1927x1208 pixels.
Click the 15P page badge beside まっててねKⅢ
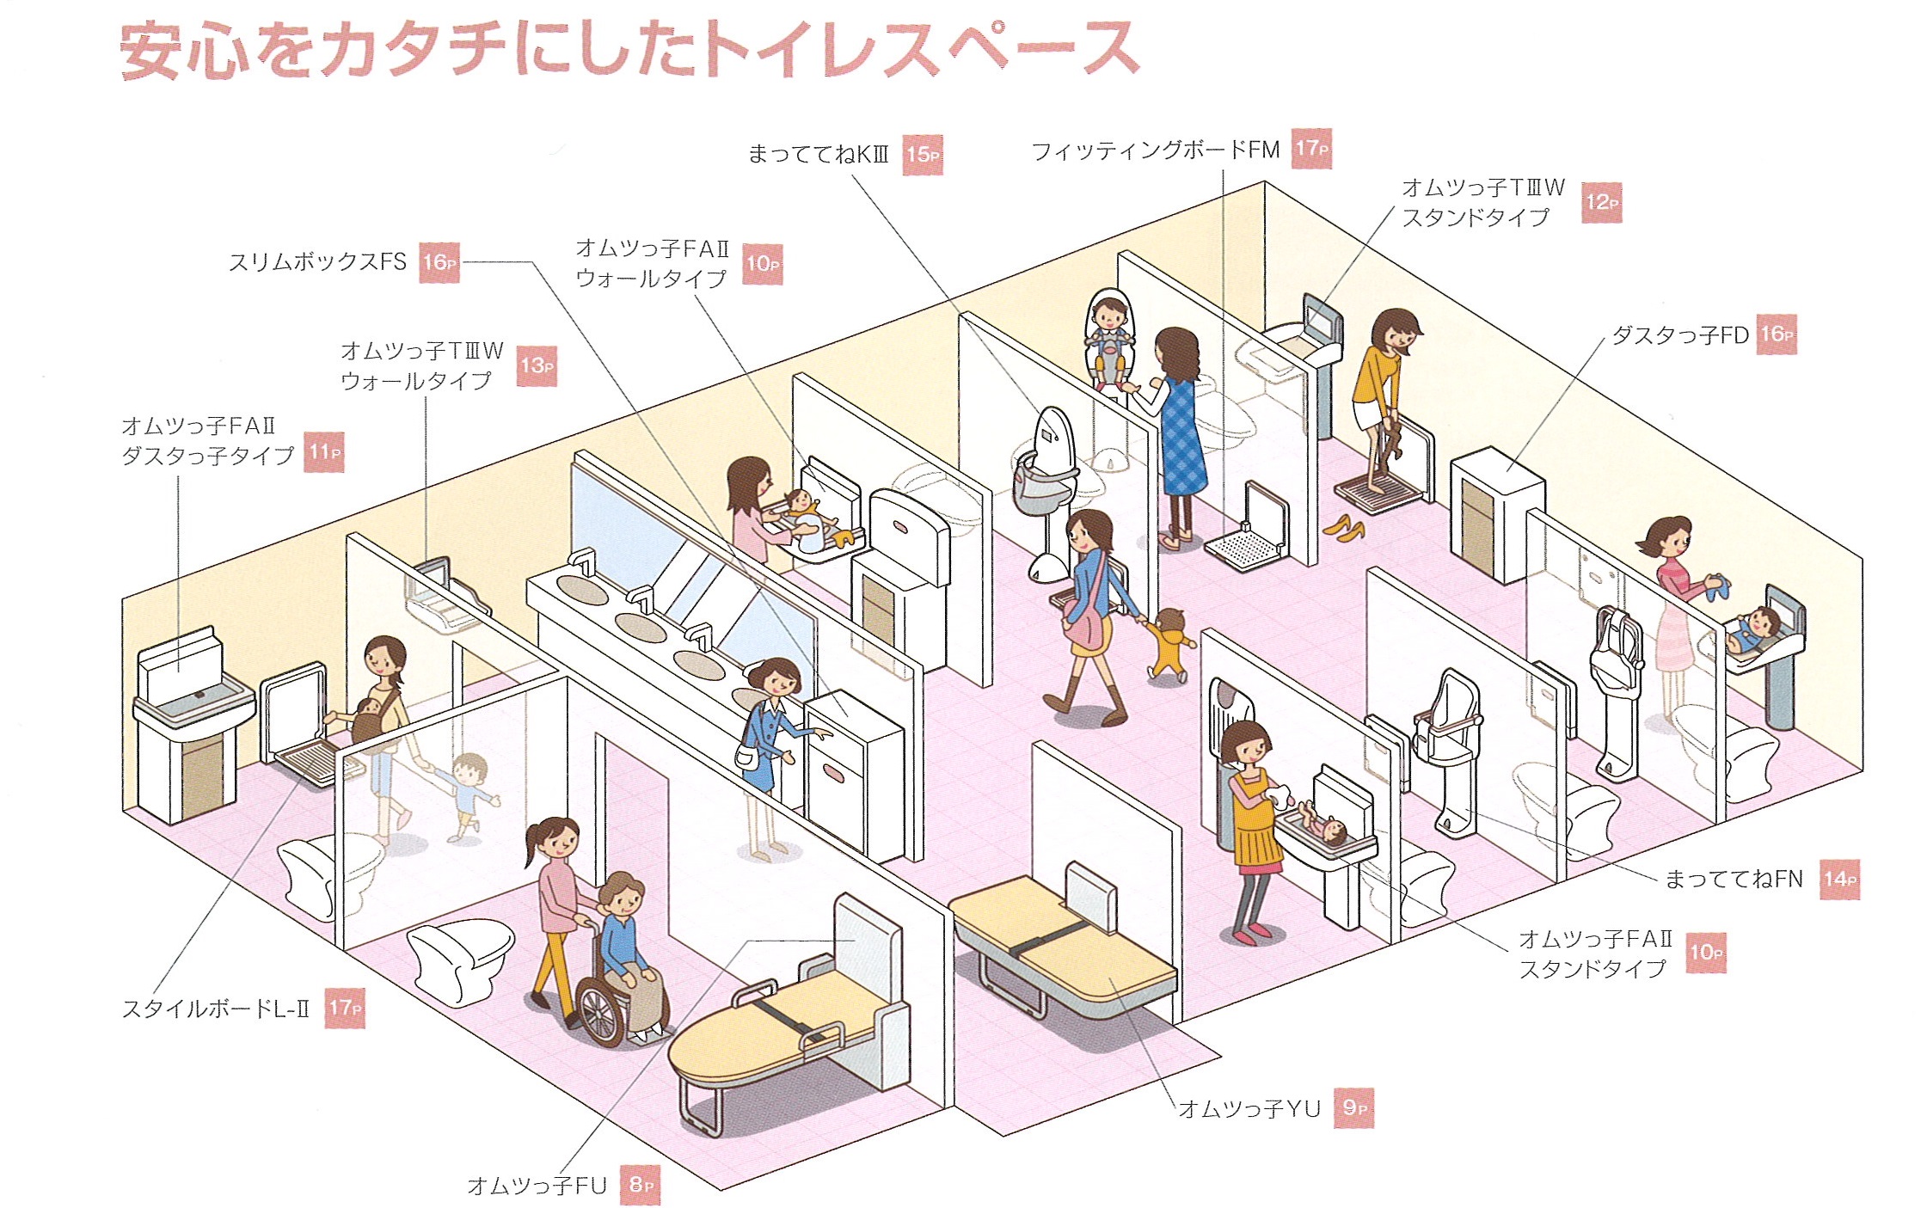click(923, 155)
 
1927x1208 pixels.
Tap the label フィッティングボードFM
click(1156, 150)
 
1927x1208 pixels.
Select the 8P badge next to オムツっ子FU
click(641, 1185)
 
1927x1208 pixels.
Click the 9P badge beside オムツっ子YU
click(1353, 1107)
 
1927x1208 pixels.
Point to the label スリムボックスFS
click(317, 261)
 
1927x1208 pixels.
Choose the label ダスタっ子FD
click(1680, 335)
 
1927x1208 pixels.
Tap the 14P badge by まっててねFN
click(1840, 879)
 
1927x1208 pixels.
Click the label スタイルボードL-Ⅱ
click(216, 1009)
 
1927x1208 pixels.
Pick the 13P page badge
click(537, 365)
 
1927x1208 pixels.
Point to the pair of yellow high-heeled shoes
click(1342, 525)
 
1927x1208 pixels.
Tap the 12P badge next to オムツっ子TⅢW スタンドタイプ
click(1601, 203)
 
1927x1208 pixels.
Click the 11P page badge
click(325, 452)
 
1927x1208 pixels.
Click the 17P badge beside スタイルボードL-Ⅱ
click(346, 1008)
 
